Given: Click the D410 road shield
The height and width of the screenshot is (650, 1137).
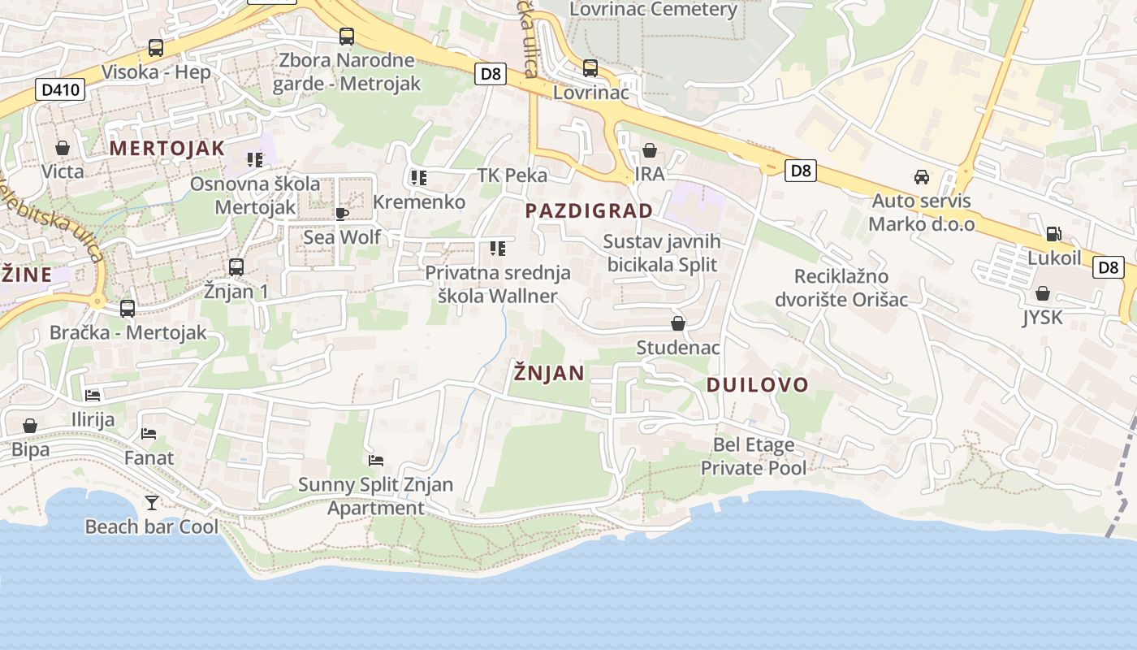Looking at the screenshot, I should point(60,89).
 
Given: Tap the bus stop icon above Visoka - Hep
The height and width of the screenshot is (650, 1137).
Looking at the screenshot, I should point(156,48).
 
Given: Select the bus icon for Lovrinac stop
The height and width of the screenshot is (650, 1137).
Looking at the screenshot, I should point(590,68).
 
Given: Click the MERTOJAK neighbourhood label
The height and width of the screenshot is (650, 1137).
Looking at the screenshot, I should point(166,148).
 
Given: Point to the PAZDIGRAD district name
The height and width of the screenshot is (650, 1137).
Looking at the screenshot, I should point(589,211).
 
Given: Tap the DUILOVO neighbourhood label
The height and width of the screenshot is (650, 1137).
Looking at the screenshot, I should point(757,385).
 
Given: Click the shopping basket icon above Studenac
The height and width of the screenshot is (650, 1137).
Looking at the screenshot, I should point(678,323).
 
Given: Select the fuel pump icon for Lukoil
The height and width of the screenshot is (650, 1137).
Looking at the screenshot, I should point(1053,234).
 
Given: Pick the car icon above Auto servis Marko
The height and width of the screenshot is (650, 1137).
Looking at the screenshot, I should point(922,176).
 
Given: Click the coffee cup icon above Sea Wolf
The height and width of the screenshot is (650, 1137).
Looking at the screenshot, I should point(342,214).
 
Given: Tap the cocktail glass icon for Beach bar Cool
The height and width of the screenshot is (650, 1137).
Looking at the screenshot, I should point(151,503).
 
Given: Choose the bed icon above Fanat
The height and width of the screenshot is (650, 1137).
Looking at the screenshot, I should point(149,434).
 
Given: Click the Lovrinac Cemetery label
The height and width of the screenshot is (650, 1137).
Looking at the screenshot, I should point(653,10).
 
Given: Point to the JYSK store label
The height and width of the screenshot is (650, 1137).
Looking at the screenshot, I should point(1042,317).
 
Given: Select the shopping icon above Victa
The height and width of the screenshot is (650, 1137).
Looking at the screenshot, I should point(63,148).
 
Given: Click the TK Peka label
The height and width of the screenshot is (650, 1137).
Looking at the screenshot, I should point(512,175).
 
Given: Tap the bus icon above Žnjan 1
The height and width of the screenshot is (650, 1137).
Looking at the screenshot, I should point(236,266).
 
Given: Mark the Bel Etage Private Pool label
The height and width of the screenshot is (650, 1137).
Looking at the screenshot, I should point(754,457).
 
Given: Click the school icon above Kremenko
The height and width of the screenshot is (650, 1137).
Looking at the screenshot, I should point(419,178).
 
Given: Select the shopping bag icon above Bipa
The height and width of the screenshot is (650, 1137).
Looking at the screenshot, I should point(30,426).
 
